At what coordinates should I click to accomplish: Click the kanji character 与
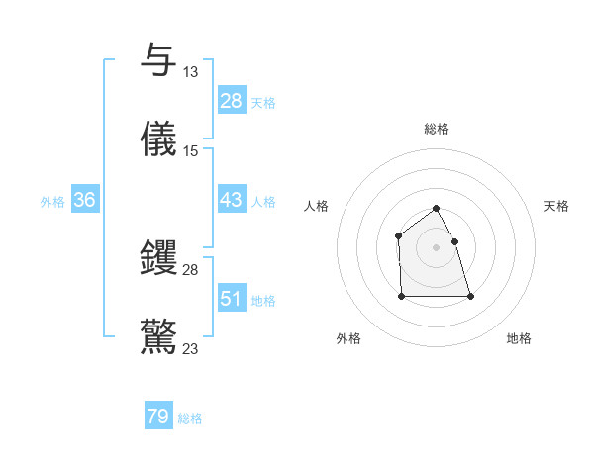159,59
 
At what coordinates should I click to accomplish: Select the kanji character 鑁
159,257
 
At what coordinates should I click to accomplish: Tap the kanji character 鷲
159,335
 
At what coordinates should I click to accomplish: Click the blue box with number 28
232,101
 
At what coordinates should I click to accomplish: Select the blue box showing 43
232,200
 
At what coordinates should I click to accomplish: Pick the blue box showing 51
232,299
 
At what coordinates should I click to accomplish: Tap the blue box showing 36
85,200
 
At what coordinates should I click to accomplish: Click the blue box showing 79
158,417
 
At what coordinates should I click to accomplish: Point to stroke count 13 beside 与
190,72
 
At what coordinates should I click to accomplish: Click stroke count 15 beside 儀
191,151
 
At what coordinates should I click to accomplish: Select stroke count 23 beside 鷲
191,348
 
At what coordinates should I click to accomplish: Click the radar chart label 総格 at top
437,129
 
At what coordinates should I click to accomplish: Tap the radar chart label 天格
556,206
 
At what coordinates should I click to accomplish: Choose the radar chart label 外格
348,338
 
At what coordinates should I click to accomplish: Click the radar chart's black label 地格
519,338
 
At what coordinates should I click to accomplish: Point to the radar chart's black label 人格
317,206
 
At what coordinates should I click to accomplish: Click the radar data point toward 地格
470,296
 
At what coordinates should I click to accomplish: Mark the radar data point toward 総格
437,209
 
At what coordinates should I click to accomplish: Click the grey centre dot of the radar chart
437,247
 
